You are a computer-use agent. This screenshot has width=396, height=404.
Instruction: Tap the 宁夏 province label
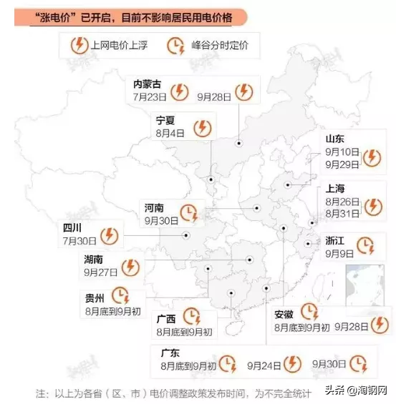pos(165,119)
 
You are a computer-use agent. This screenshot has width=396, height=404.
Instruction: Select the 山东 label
pos(334,139)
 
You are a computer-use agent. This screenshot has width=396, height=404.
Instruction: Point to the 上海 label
pos(334,189)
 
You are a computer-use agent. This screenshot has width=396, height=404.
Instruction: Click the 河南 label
pos(154,207)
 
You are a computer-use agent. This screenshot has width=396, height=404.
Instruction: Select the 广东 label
pos(170,353)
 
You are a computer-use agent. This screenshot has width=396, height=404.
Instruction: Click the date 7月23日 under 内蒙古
pos(149,95)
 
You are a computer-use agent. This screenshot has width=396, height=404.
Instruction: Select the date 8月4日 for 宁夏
pos(170,132)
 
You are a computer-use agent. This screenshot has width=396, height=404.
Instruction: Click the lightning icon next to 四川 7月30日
pos(110,235)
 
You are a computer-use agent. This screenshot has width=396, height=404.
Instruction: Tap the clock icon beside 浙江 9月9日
pos(366,246)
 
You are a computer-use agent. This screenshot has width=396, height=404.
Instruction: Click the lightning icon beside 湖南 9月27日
pos(130,267)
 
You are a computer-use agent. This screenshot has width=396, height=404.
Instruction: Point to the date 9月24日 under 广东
pos(263,365)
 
